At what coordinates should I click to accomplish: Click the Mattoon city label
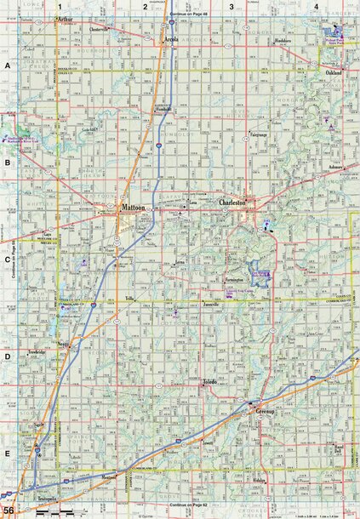tap(134, 207)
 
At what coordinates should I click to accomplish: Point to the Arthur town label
tap(63, 18)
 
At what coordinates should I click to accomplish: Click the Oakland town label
tap(333, 74)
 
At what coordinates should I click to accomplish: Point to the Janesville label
tap(212, 304)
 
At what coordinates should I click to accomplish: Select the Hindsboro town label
tap(283, 41)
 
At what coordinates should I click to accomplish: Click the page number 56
tap(8, 509)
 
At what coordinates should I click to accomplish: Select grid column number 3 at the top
tap(231, 7)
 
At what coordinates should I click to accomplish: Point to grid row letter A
tap(7, 66)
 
